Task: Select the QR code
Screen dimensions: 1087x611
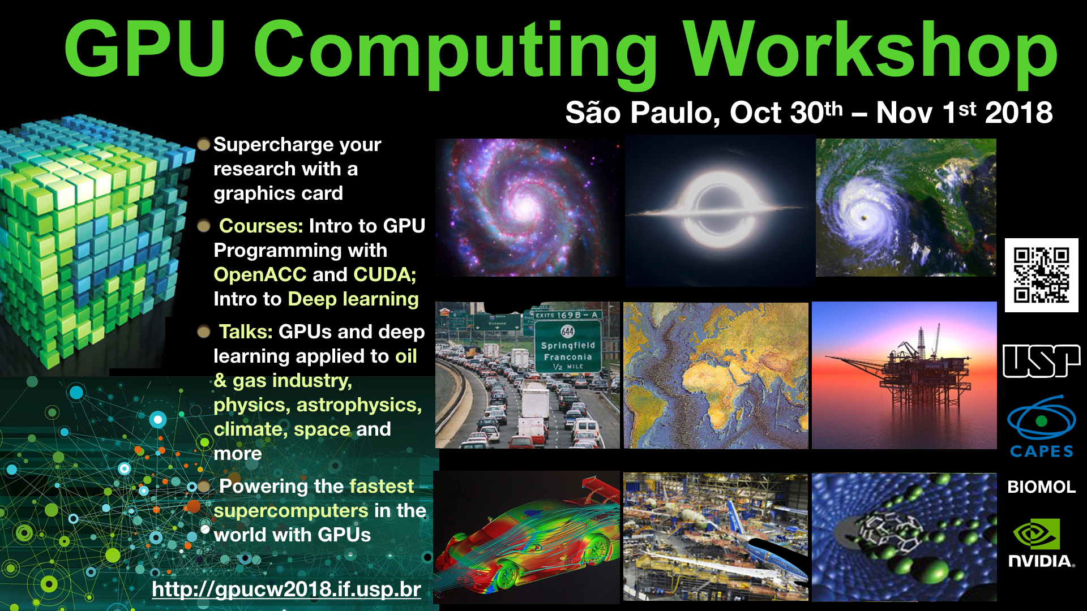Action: tap(1042, 275)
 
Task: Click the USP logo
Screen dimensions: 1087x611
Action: tap(1042, 360)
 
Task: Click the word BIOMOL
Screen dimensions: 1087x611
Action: tap(1042, 487)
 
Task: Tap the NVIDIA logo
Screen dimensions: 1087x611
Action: tap(1041, 543)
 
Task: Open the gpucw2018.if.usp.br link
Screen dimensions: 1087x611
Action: tap(286, 590)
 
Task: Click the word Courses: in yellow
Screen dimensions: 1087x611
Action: tap(261, 226)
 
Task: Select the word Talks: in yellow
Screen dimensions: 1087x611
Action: tap(246, 332)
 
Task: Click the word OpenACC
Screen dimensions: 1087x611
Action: tap(260, 274)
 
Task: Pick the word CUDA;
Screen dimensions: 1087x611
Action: tap(385, 274)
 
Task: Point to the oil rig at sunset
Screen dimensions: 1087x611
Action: tap(904, 375)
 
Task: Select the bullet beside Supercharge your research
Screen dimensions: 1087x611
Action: tap(204, 144)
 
